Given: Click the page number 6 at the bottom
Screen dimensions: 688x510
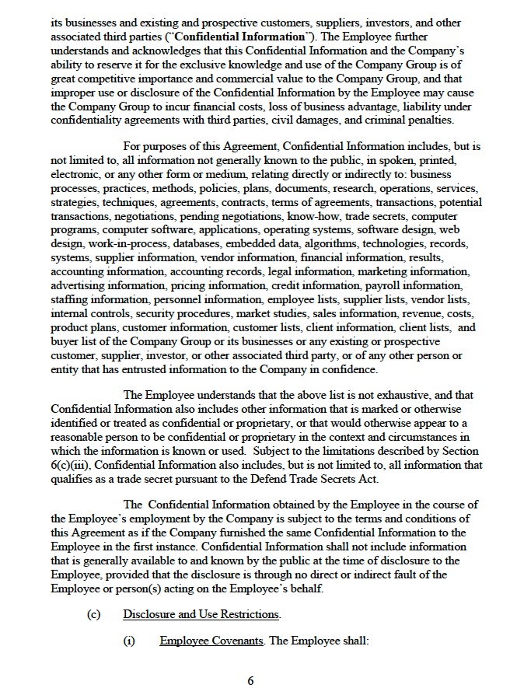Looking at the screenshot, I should click(x=250, y=681).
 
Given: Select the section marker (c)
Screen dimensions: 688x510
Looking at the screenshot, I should click(x=93, y=614).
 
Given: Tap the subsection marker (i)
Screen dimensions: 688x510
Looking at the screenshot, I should click(x=130, y=641).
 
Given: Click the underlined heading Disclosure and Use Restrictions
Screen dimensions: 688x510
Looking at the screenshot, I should click(x=201, y=614).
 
